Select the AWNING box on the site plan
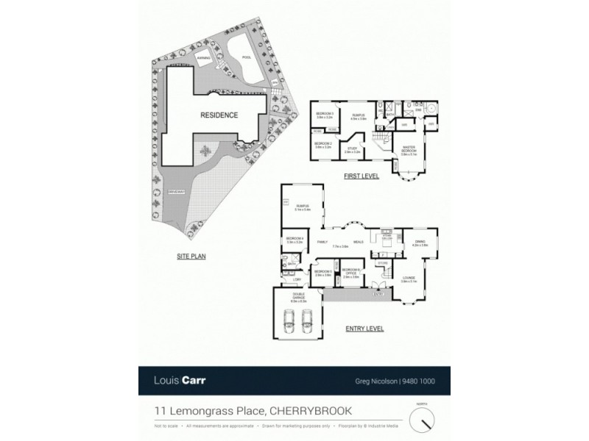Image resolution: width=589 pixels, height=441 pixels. click(x=204, y=57)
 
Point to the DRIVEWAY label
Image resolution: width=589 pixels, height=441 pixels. click(x=176, y=192)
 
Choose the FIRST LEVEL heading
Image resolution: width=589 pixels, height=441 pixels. click(x=361, y=176)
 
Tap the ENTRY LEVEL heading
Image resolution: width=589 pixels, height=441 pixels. click(x=364, y=329)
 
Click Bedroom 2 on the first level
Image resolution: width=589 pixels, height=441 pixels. click(x=325, y=145)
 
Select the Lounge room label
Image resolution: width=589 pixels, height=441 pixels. click(x=409, y=279)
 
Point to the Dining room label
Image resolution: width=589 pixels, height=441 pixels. click(x=420, y=243)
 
